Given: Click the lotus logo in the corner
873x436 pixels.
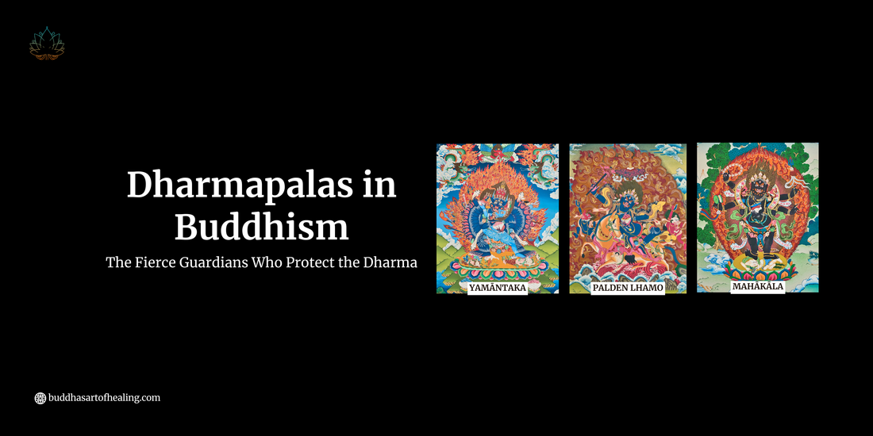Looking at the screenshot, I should click(x=47, y=44).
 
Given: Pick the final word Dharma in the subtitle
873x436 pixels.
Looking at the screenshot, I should click(x=390, y=263).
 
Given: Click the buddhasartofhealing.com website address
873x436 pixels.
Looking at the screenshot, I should click(x=105, y=398).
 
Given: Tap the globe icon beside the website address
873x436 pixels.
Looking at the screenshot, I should click(x=40, y=398).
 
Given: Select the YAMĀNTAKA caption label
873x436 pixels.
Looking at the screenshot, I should click(x=498, y=288).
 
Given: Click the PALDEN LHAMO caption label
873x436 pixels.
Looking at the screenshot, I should click(x=629, y=288).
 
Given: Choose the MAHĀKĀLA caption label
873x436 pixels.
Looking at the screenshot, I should click(x=757, y=286).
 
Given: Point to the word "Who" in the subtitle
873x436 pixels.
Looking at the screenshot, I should click(x=267, y=263).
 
